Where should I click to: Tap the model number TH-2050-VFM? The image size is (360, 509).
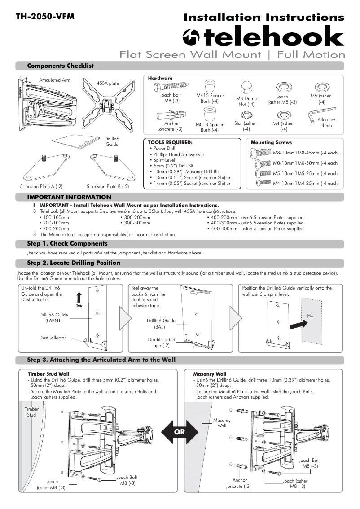45,17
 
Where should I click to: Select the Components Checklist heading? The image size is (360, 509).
60,66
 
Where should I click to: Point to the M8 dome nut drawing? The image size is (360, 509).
246,87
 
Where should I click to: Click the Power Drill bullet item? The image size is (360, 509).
164,148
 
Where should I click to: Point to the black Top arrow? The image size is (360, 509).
79,297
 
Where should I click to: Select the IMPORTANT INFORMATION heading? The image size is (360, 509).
69,197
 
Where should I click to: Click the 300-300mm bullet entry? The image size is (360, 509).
136,223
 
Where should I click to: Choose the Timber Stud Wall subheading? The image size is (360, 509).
48,373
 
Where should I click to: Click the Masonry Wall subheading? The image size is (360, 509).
210,373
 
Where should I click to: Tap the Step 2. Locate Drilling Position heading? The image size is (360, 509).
74,263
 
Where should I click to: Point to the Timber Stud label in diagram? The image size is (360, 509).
31,412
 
